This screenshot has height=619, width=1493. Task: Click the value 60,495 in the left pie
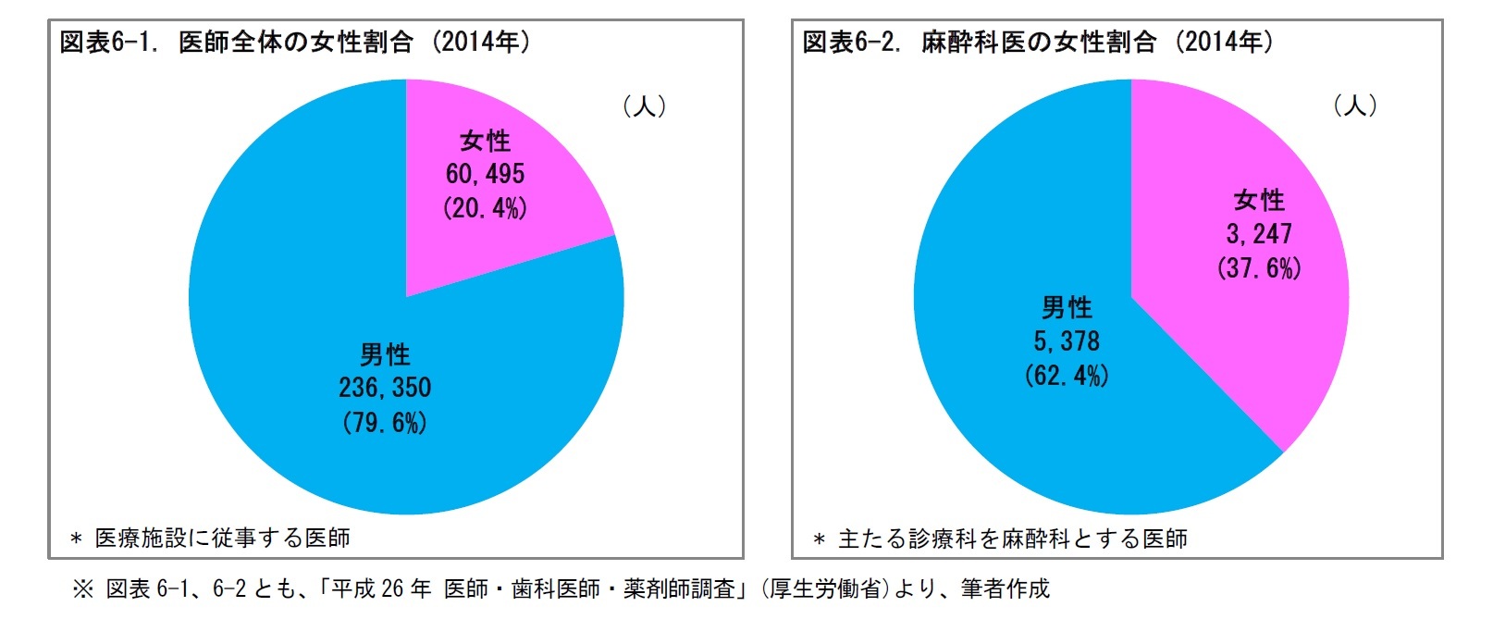485,174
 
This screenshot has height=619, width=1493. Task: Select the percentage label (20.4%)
485,207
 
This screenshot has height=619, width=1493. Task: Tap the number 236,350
385,388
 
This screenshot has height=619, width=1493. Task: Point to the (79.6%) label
385,423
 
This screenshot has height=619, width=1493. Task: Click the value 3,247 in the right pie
1259,234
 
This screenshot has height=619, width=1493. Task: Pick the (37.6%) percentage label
1259,268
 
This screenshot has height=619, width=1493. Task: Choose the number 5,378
1067,341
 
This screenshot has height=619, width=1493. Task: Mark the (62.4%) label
1067,376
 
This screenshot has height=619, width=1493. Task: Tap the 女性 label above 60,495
485,141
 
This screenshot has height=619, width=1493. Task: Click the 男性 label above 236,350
385,354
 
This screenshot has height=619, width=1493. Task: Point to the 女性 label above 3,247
1259,200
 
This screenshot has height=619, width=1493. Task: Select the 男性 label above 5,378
1067,307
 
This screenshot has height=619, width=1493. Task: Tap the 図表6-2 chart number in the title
852,43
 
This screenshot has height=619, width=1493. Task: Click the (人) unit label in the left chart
644,106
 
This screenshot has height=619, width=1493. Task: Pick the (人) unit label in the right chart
1354,105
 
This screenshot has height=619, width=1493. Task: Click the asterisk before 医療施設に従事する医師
77,539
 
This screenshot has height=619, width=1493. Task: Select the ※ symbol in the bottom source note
83,589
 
